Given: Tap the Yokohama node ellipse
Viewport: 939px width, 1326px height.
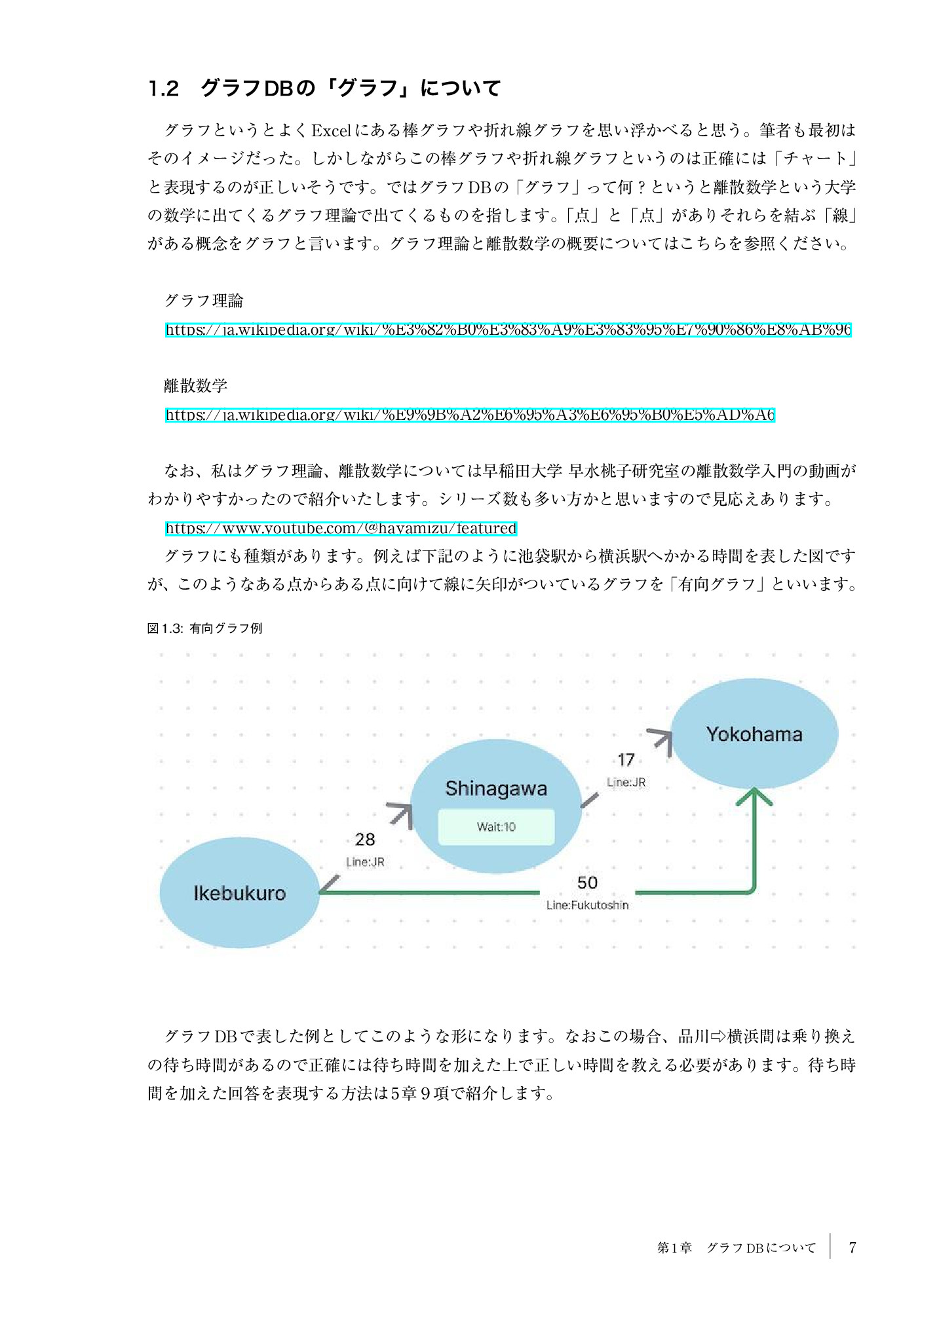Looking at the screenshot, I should (754, 734).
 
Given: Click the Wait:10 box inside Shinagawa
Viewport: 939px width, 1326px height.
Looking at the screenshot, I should (496, 827).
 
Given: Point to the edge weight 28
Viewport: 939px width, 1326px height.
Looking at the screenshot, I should (365, 839).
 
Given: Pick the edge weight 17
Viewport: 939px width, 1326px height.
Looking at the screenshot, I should (626, 760).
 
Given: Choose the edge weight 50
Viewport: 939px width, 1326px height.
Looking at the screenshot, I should (587, 882).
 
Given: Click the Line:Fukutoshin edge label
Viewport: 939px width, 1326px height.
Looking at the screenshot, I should (587, 905).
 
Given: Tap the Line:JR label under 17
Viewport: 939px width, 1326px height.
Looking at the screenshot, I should (626, 782).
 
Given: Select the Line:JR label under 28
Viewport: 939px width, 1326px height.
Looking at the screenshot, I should (365, 862).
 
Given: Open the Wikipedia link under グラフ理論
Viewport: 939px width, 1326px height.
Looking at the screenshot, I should (508, 330).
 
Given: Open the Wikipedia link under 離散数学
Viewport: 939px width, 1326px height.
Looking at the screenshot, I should (470, 415).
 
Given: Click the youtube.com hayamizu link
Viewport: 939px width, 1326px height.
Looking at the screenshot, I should (341, 528).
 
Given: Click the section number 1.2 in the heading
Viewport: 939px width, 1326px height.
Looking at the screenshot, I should (163, 88).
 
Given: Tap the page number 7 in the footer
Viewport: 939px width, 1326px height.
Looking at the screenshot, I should (852, 1247).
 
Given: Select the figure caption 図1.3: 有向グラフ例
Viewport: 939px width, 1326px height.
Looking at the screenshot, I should (204, 628).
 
